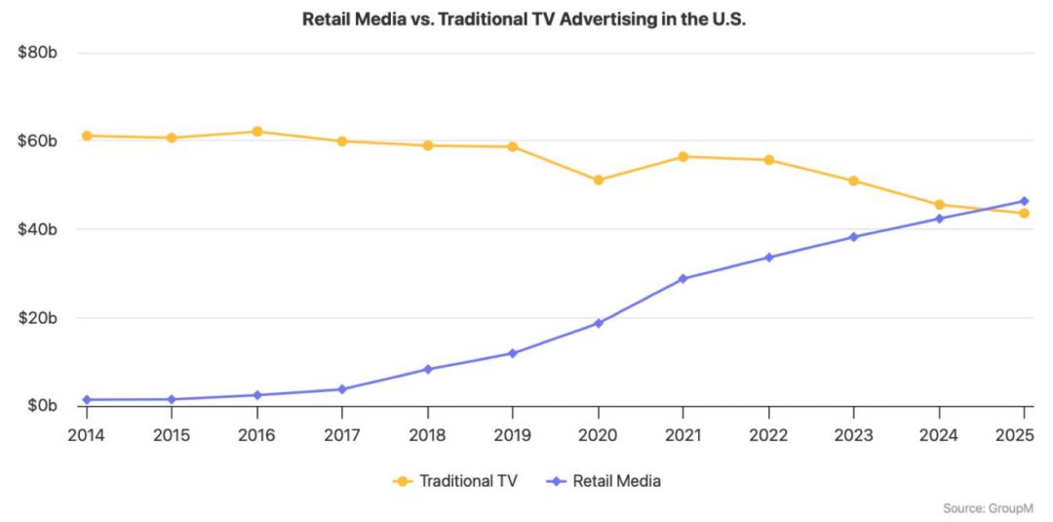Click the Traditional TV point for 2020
coord(598,181)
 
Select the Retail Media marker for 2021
coord(682,279)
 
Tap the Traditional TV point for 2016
coord(257,132)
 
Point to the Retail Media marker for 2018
coord(428,369)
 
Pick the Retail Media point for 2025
coord(1024,201)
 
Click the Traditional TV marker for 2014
coord(87,136)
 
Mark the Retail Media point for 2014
coord(87,400)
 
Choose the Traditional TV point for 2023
coord(853,181)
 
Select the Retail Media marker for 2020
coord(598,323)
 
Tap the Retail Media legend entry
coord(605,481)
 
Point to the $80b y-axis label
coord(39,53)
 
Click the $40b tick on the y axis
coord(39,229)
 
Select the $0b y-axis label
coord(42,406)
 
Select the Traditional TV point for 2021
coord(682,156)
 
